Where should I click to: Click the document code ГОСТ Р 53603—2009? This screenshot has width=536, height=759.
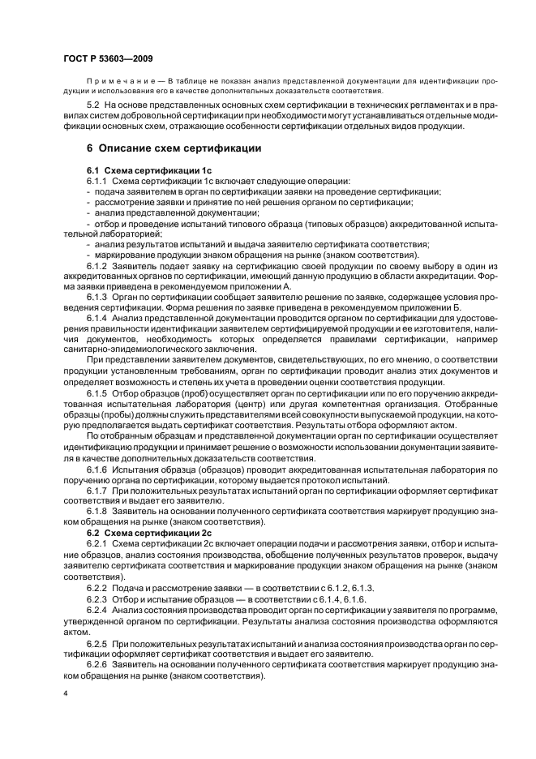click(x=108, y=60)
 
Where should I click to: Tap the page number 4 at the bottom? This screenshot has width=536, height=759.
click(x=65, y=694)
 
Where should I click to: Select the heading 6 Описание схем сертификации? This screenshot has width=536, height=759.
click(x=173, y=148)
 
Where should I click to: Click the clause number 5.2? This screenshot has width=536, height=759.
click(x=94, y=106)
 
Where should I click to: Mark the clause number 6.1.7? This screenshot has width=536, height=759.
click(x=97, y=491)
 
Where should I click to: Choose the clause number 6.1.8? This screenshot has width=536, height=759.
click(x=97, y=512)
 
